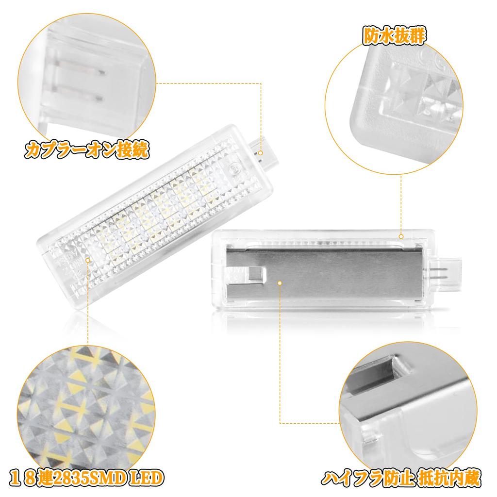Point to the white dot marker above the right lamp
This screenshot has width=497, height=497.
[x=401, y=236]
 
